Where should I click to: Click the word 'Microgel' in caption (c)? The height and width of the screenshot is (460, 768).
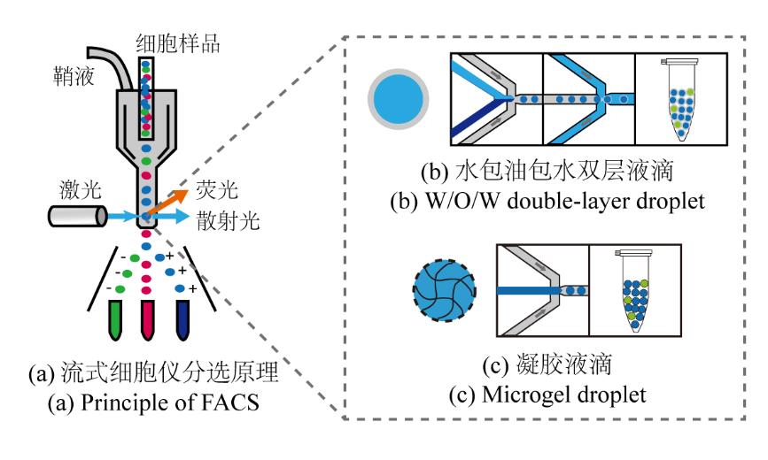click(522, 394)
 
